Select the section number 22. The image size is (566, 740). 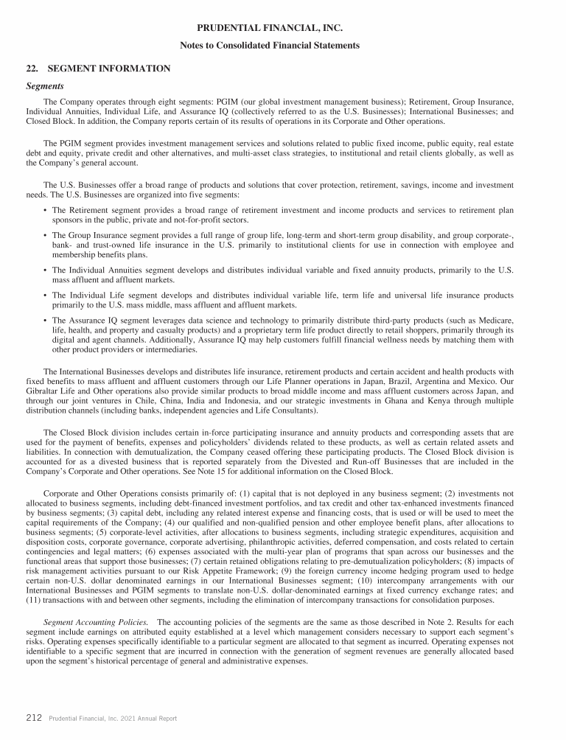(32, 69)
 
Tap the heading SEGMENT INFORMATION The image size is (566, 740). (109, 69)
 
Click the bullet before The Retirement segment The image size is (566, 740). (46, 211)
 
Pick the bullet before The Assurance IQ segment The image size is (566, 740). (46, 321)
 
